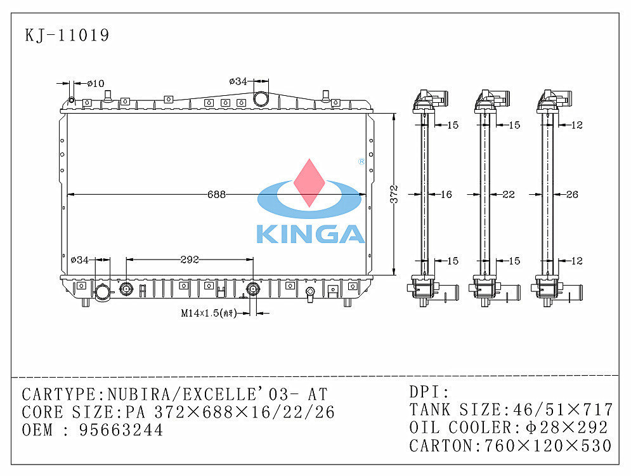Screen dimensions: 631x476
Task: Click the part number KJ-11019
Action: [67, 35]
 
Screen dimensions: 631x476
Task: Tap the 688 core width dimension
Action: [216, 194]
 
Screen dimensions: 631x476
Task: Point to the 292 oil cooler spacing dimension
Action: [190, 260]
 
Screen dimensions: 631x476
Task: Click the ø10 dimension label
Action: [96, 83]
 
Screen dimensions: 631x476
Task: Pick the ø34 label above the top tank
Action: [238, 81]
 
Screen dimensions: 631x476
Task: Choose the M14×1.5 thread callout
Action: [209, 313]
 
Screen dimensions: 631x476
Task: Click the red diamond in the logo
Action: [309, 183]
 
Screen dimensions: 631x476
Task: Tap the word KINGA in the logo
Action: [310, 234]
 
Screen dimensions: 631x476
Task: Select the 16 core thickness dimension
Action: [446, 194]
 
